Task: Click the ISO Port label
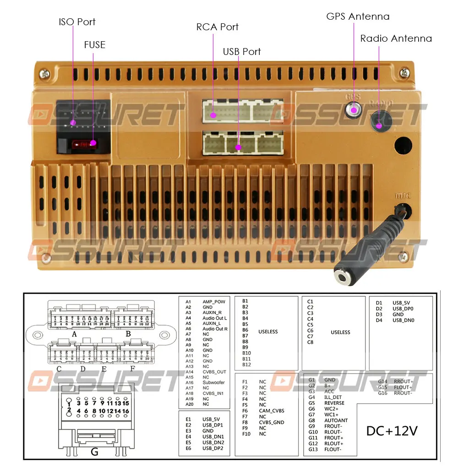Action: [x=77, y=22]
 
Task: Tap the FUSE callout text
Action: [x=94, y=45]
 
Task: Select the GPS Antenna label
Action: [x=358, y=16]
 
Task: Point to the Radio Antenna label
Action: [x=396, y=38]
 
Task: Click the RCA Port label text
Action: [x=217, y=27]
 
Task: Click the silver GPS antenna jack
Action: [x=354, y=110]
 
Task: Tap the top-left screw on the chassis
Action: [x=44, y=72]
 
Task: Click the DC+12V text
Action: [x=392, y=431]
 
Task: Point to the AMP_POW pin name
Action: [x=214, y=302]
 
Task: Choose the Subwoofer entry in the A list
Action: [x=213, y=382]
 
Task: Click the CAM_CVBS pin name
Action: [x=272, y=411]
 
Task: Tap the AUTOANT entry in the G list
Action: [x=336, y=420]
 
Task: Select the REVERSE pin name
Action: [x=334, y=403]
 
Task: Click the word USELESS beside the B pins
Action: [x=268, y=332]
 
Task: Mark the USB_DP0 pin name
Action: [x=403, y=309]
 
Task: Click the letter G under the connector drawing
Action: [x=94, y=451]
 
